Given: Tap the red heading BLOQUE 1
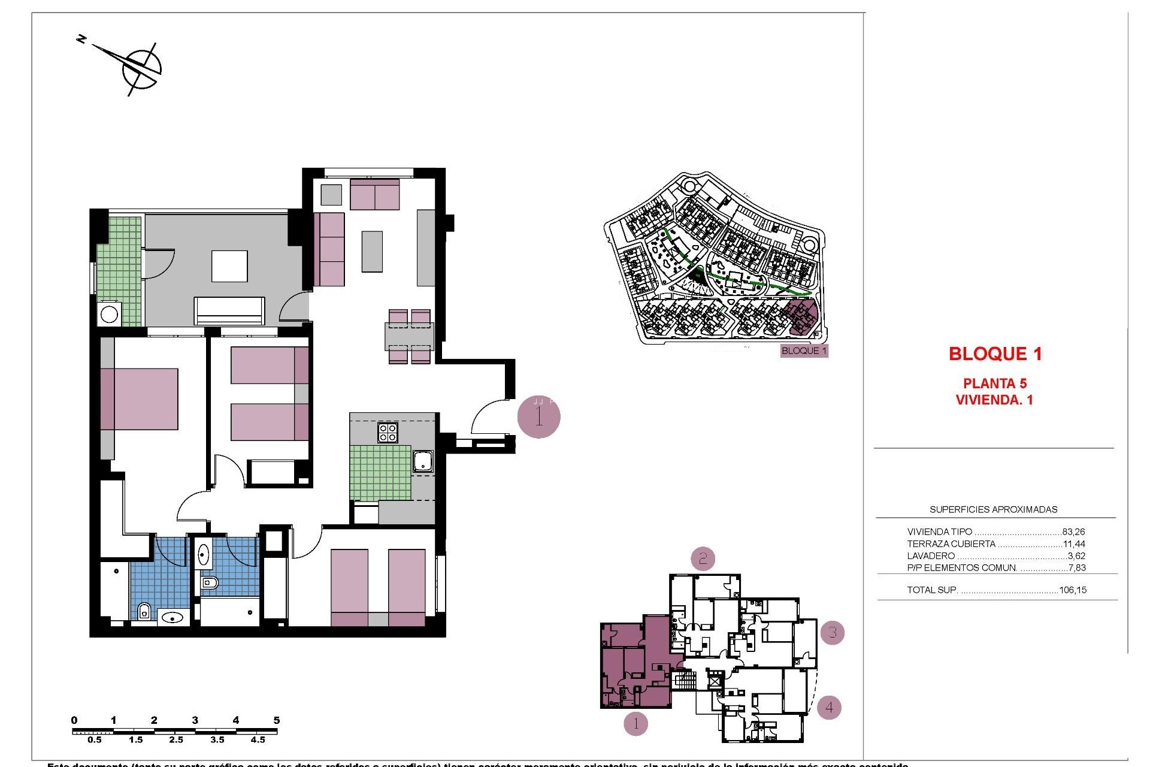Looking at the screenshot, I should [995, 354].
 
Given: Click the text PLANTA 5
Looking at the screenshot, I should [995, 383].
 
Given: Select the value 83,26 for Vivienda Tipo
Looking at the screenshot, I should [1073, 532].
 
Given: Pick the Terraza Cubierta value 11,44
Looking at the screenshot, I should [1074, 544].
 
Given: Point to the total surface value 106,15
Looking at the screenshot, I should [1072, 590].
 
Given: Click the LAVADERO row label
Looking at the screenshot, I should [931, 556].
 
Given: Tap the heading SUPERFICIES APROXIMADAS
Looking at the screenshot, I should [993, 510].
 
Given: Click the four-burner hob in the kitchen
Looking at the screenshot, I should [388, 433].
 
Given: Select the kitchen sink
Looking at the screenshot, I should [423, 461].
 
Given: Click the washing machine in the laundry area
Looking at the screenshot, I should [110, 314].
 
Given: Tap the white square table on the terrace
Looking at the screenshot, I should [229, 266].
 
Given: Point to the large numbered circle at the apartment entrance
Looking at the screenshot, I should [538, 417].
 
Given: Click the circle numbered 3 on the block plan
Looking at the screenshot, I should [832, 632].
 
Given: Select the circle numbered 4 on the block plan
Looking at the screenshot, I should [829, 707].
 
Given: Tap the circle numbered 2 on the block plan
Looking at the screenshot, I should [703, 559].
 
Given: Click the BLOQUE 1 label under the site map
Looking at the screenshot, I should [804, 351].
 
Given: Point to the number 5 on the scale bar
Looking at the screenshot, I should [276, 720].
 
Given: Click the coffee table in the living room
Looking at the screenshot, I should [372, 251].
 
